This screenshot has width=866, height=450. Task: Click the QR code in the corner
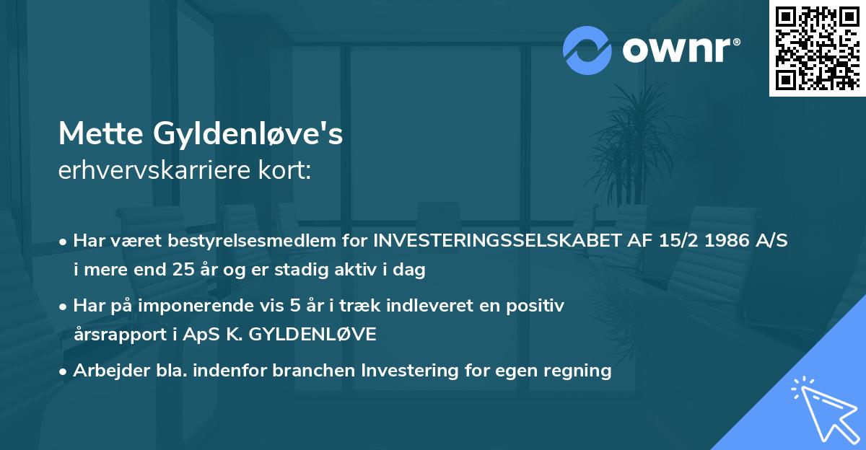(x=818, y=48)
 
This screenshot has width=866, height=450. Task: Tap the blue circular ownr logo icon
(x=587, y=50)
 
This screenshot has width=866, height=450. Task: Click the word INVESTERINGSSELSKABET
(x=498, y=241)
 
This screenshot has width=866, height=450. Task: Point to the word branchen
(x=315, y=371)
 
